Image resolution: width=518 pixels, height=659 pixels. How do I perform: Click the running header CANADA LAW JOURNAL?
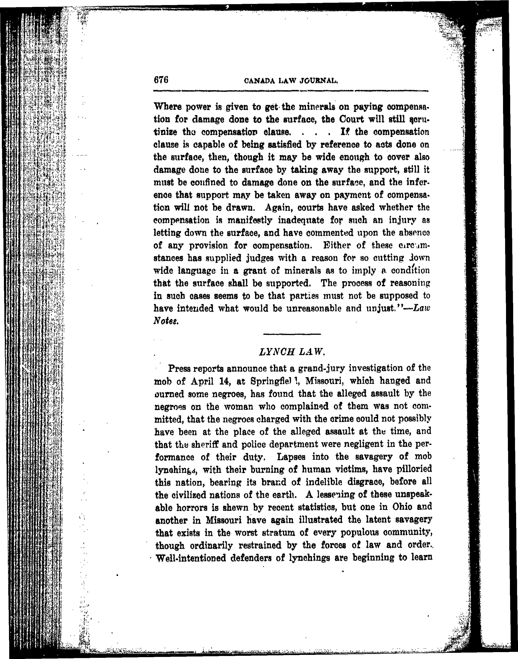[291, 81]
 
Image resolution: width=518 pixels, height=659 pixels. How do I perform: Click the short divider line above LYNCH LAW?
[292, 334]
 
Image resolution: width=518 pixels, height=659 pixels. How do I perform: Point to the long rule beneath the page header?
[291, 91]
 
